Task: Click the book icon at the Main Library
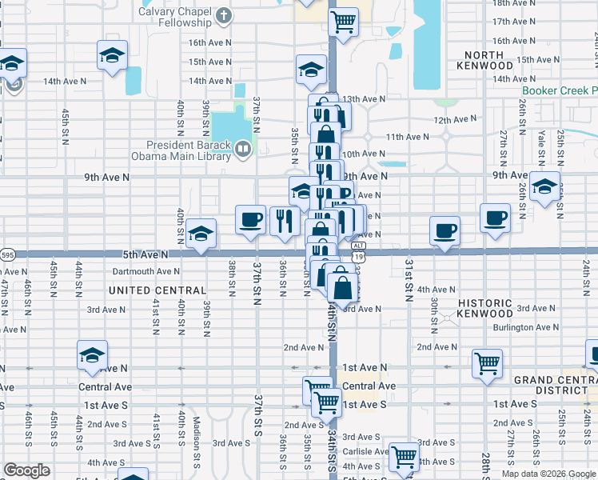tap(242, 148)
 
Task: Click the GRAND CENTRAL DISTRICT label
tap(555, 385)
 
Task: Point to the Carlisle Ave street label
tap(365, 451)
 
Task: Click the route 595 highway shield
tap(7, 254)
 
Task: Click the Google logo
tap(26, 470)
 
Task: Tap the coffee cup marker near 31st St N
tap(445, 230)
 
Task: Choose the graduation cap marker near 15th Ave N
tap(113, 56)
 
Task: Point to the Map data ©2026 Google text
tap(548, 474)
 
